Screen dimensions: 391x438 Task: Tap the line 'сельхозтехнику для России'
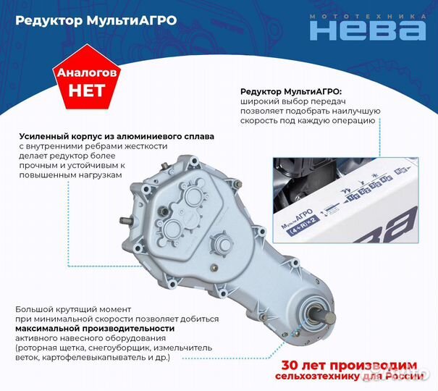349,377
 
